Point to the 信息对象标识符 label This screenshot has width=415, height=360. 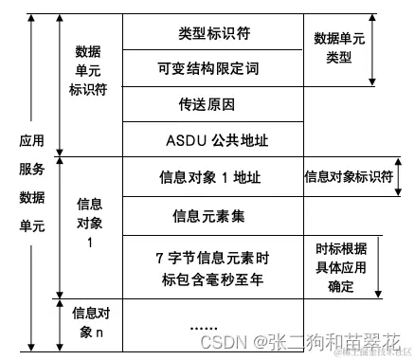tap(347, 176)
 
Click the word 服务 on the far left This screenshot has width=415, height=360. tap(31, 169)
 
